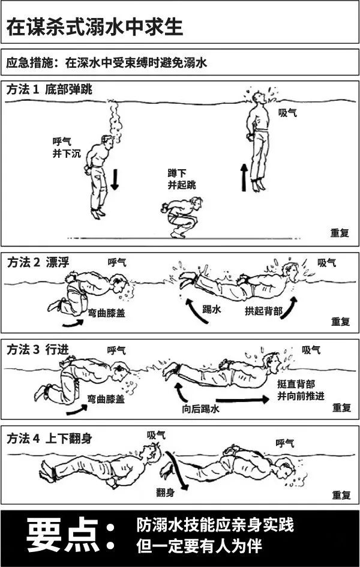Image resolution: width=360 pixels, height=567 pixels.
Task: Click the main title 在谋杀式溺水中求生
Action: [94, 26]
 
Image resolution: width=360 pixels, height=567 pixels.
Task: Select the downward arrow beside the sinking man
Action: [115, 179]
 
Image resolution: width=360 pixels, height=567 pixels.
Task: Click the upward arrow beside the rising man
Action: [244, 177]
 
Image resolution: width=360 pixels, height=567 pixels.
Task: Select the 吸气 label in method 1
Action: [287, 112]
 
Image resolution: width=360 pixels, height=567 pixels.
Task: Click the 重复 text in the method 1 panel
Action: [340, 233]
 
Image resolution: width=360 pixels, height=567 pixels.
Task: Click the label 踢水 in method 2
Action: [211, 310]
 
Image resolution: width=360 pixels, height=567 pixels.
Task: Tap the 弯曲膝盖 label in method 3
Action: [106, 398]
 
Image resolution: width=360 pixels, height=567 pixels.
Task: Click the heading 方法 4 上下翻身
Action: [49, 438]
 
